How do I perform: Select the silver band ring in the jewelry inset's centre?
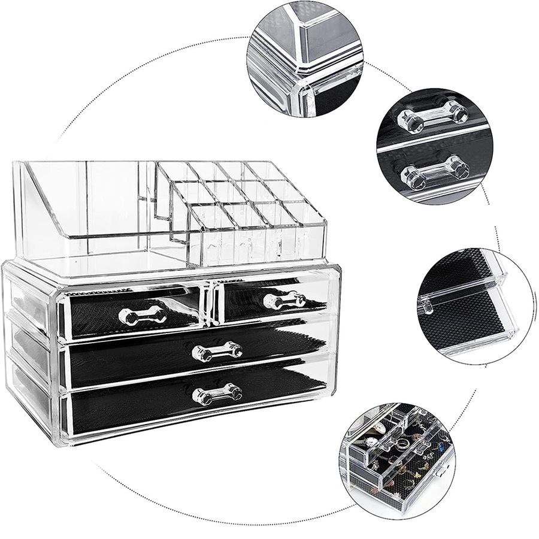pos(403,444)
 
